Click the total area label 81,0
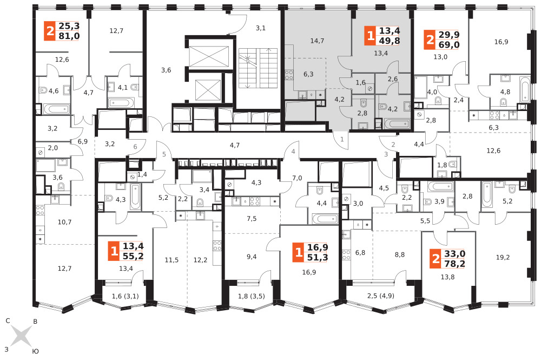69,36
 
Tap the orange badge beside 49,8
370,36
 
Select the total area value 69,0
448,44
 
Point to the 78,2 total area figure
454,264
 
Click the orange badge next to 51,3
299,252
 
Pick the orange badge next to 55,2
114,251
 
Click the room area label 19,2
503,257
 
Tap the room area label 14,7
317,41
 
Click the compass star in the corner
21,336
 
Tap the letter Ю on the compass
36,351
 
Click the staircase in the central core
253,68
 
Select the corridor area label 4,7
235,145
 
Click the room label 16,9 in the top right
501,42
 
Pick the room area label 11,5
171,260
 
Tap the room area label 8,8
400,255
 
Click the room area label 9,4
252,257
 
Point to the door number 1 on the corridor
342,140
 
